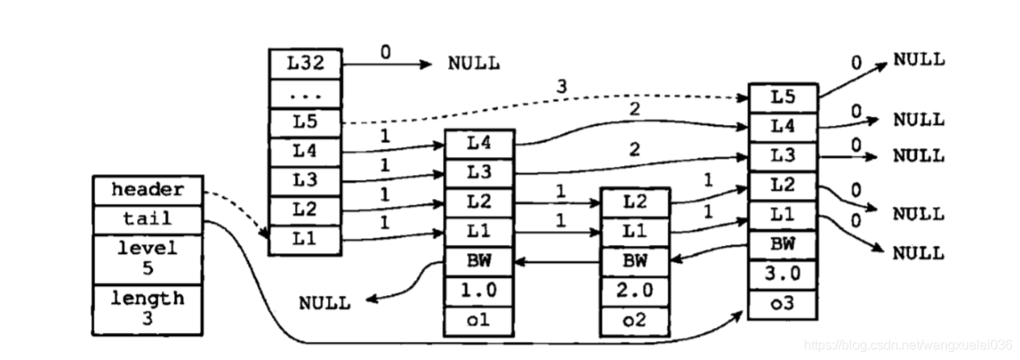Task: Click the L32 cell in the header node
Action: coord(305,63)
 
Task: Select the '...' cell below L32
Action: coord(305,94)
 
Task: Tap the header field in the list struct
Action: coord(147,190)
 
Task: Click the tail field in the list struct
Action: coord(147,219)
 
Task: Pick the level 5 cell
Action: coord(147,258)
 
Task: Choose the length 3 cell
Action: coord(147,308)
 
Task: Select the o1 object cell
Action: coord(478,321)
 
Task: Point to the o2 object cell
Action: coord(635,321)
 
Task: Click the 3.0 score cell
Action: coord(782,273)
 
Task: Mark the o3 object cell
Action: coord(782,303)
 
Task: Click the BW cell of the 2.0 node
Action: coord(635,262)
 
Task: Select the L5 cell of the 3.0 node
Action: coord(782,97)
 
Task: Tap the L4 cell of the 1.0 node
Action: coord(478,143)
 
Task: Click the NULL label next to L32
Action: coord(473,63)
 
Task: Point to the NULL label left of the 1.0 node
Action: coord(325,302)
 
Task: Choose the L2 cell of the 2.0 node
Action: coord(635,202)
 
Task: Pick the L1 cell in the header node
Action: coord(305,239)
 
